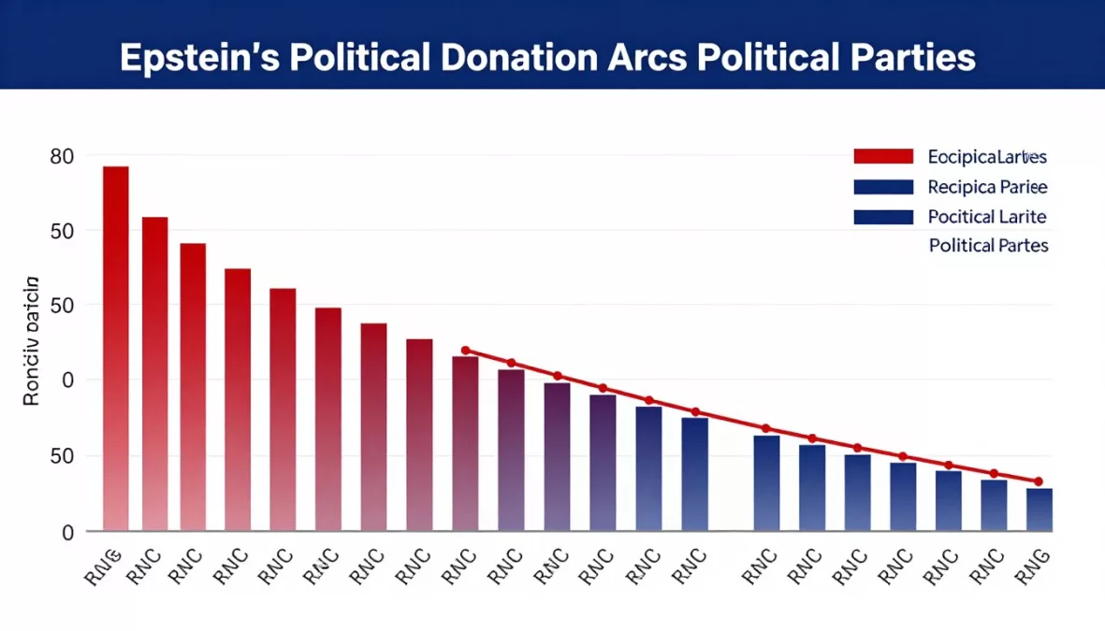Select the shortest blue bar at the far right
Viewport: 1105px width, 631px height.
(x=1039, y=509)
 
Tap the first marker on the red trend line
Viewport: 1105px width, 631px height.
(x=465, y=351)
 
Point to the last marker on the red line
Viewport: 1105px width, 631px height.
(x=1039, y=481)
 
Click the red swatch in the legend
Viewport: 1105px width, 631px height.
(x=882, y=156)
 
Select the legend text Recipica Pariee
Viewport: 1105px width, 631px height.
(x=987, y=187)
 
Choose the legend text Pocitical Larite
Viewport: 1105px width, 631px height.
(x=987, y=217)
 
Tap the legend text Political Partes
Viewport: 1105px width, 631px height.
(x=988, y=246)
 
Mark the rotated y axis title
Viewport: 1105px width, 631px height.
(x=31, y=340)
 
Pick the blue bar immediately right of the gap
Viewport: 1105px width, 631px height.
(x=766, y=483)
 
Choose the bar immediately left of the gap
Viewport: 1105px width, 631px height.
(x=694, y=474)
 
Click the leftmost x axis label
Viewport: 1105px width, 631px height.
(x=105, y=566)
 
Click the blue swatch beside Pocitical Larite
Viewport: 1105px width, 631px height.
(x=882, y=217)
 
